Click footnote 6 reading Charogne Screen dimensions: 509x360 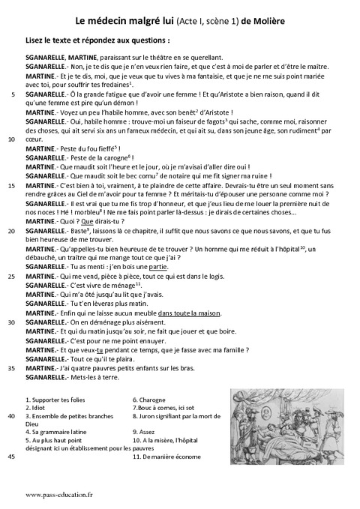147,400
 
